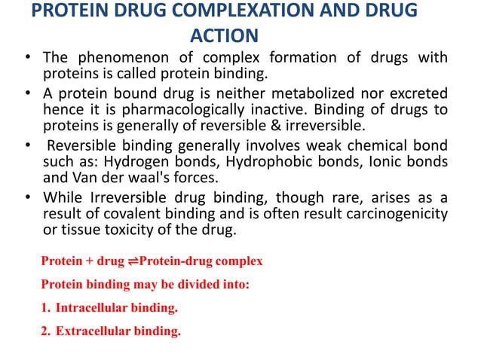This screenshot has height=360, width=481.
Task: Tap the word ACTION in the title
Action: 225,35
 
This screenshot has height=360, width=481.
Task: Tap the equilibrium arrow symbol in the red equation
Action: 133,261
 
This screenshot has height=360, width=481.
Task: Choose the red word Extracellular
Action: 93,331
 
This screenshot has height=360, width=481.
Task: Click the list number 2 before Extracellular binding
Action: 44,331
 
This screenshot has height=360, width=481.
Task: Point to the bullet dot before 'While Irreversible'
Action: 26,197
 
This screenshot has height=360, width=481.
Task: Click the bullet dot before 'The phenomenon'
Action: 26,58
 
